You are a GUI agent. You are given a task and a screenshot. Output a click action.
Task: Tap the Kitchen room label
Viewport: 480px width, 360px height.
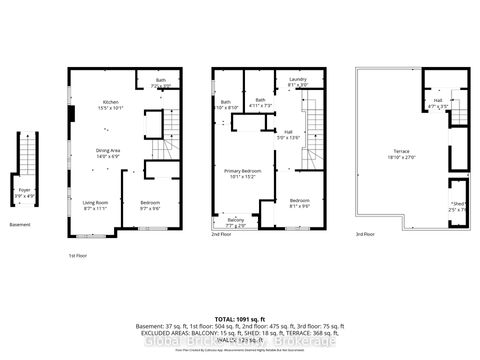111,104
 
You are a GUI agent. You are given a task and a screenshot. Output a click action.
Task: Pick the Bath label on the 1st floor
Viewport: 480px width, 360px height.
160,83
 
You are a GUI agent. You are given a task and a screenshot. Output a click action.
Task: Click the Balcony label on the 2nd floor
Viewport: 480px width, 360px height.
235,222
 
